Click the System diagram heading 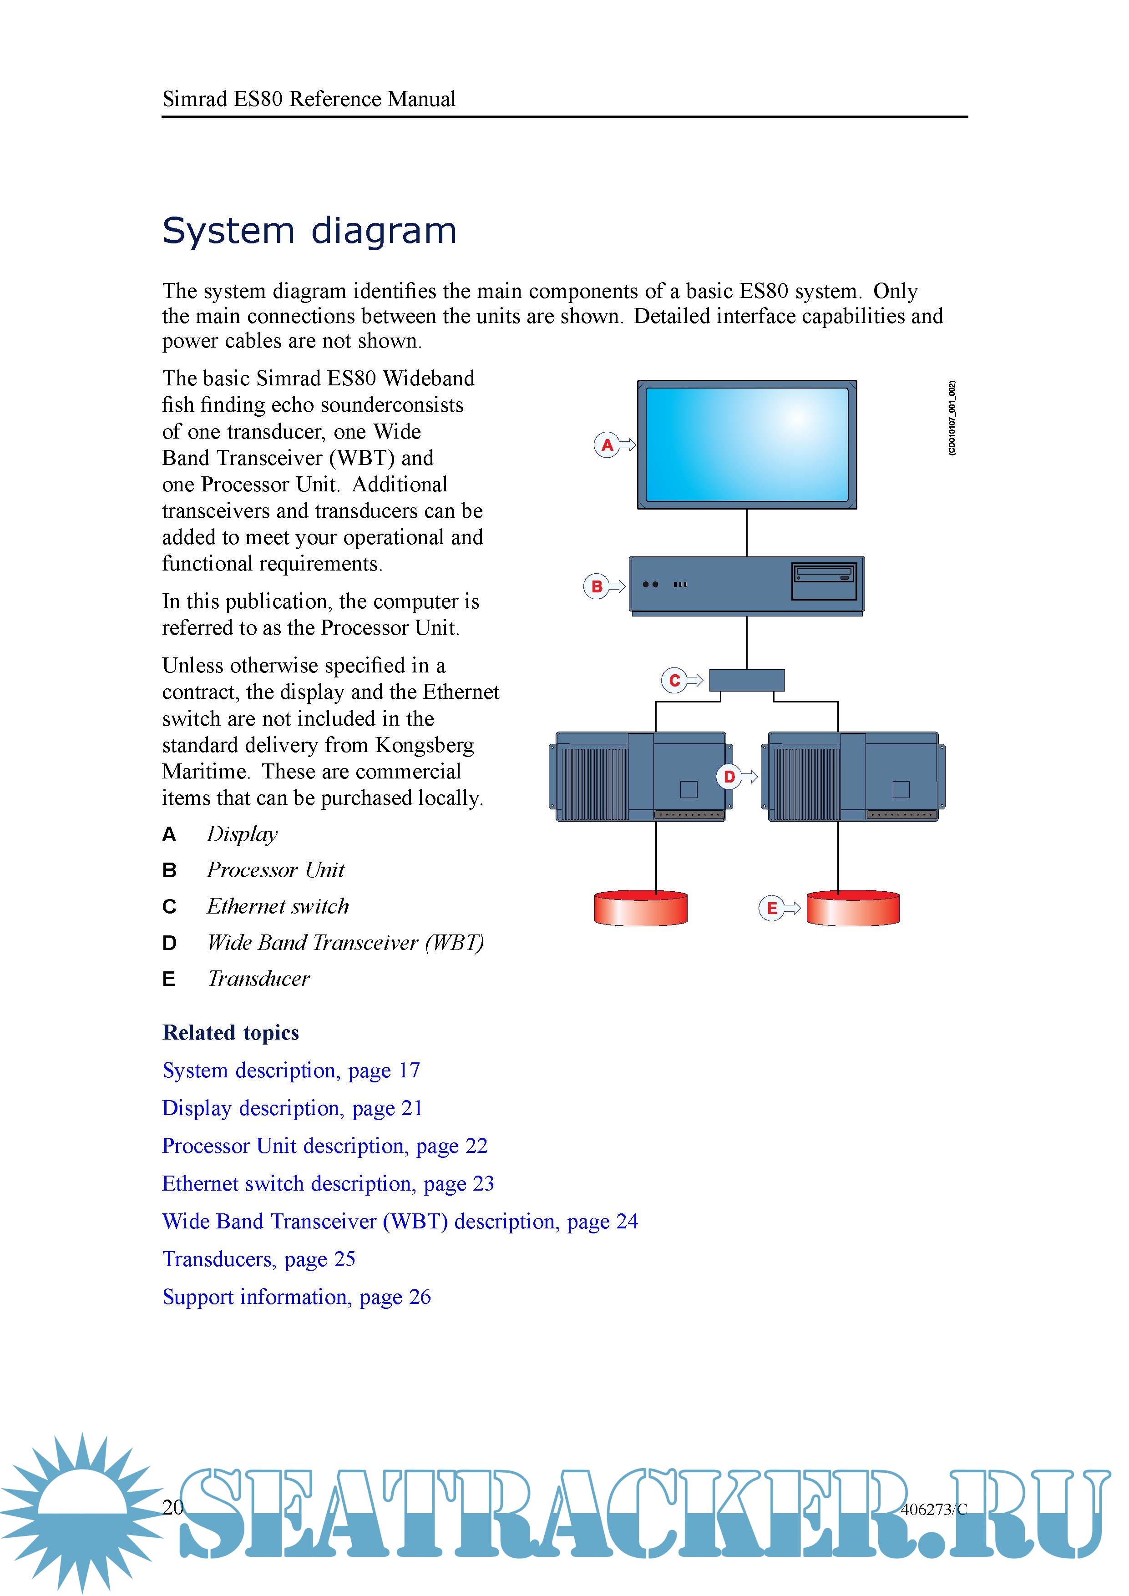point(309,231)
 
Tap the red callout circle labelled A point(607,445)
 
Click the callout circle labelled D point(729,777)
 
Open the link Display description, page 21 point(292,1108)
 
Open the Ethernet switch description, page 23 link point(328,1184)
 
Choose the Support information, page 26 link point(296,1297)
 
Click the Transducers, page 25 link point(258,1259)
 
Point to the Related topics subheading point(230,1033)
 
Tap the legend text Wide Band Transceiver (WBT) point(345,943)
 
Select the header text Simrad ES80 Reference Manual point(309,99)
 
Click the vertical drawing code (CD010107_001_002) point(952,418)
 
